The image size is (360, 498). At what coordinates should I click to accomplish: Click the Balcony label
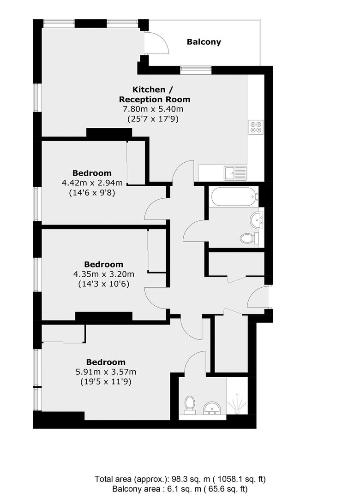click(204, 42)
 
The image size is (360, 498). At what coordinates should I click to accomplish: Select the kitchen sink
click(235, 173)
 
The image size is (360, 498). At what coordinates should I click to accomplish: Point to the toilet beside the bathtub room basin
click(250, 238)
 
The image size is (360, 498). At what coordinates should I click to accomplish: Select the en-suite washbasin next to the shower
click(211, 408)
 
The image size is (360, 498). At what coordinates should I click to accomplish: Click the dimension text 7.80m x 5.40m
click(153, 109)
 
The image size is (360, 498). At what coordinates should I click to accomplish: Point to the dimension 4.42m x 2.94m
click(92, 183)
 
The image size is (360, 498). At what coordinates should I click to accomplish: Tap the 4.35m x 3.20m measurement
click(104, 274)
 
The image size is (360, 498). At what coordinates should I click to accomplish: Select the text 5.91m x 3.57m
click(106, 372)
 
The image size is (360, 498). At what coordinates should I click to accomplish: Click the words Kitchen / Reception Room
click(155, 95)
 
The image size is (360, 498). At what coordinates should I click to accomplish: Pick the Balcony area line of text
click(180, 489)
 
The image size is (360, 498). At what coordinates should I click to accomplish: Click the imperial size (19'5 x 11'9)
click(106, 381)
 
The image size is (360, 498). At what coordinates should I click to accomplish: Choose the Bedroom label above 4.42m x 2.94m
click(92, 173)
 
